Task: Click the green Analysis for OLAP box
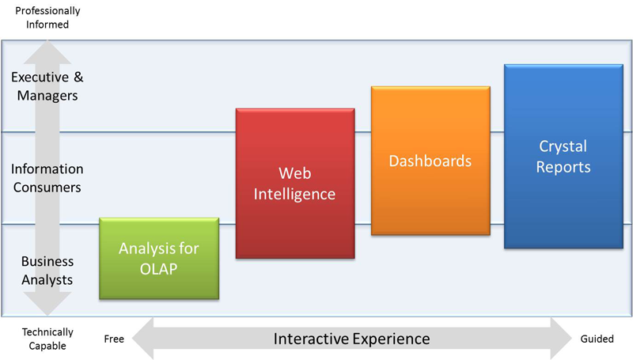(159, 258)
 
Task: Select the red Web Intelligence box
(295, 184)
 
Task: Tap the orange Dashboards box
(430, 161)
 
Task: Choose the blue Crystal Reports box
(563, 156)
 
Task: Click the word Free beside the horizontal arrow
(114, 339)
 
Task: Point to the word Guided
(597, 339)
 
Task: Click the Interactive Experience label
(351, 339)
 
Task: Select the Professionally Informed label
(47, 17)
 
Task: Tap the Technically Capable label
(47, 339)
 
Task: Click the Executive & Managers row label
(47, 86)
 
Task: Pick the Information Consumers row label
(47, 178)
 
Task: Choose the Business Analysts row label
(47, 271)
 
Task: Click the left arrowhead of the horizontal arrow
(143, 338)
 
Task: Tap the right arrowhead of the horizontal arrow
(562, 338)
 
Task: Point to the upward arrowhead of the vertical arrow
(47, 51)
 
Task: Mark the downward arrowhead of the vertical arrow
(47, 304)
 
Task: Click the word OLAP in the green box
(159, 269)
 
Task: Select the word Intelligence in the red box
(294, 194)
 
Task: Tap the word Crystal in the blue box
(563, 146)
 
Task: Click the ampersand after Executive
(78, 77)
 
